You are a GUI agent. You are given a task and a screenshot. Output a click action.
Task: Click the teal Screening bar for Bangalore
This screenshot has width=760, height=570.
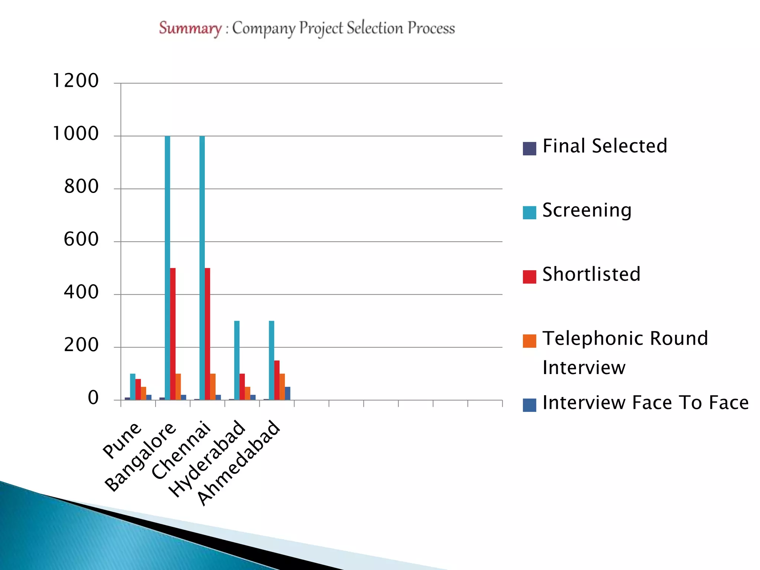coord(167,267)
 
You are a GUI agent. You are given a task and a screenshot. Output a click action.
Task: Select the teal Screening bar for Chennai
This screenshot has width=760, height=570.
coord(202,267)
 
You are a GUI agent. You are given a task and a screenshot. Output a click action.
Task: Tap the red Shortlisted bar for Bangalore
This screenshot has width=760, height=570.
coord(173,334)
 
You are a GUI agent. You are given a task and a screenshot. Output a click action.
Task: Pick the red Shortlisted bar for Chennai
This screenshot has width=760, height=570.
coord(207,334)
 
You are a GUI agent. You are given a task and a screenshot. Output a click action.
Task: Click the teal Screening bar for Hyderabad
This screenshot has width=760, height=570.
coord(237,360)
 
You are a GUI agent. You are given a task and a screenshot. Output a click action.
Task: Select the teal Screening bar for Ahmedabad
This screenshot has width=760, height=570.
coord(272,360)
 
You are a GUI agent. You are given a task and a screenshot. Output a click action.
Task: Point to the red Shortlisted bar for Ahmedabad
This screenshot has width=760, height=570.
coord(277,380)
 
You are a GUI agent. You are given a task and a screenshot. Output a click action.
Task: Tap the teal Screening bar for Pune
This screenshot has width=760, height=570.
coord(133,387)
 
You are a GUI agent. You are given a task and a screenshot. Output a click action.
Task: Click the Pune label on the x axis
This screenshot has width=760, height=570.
coord(122,440)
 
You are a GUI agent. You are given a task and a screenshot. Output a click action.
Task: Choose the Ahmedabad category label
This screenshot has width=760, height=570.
coord(238,463)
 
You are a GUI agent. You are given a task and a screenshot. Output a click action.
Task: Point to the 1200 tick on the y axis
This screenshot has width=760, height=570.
coord(76,81)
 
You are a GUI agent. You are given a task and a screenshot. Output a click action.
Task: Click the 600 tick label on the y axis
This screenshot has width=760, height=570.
coord(81,239)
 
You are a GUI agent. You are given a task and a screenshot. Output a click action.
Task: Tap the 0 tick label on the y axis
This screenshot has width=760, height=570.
coord(93,398)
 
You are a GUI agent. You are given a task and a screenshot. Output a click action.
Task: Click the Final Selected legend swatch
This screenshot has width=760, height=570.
coord(529,148)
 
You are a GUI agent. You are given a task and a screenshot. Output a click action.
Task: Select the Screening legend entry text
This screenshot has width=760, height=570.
coord(587,210)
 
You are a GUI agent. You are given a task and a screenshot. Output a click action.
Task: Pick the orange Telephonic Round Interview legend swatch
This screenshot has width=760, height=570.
coord(529,341)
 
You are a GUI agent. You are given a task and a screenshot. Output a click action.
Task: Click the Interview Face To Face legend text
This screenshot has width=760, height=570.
coord(645,403)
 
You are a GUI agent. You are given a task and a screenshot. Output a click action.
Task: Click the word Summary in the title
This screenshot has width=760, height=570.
coord(190,28)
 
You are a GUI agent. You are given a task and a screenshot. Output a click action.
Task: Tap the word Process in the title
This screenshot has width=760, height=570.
coord(431,28)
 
